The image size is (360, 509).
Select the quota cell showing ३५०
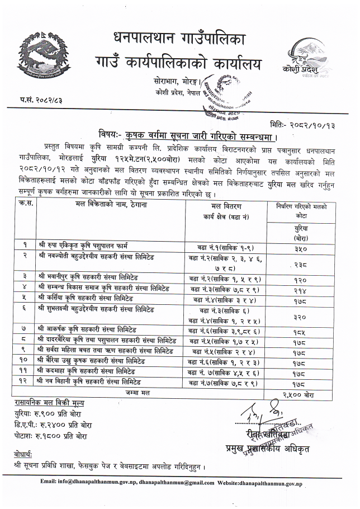click(x=299, y=248)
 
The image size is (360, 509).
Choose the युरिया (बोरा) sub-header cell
click(x=299, y=233)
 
